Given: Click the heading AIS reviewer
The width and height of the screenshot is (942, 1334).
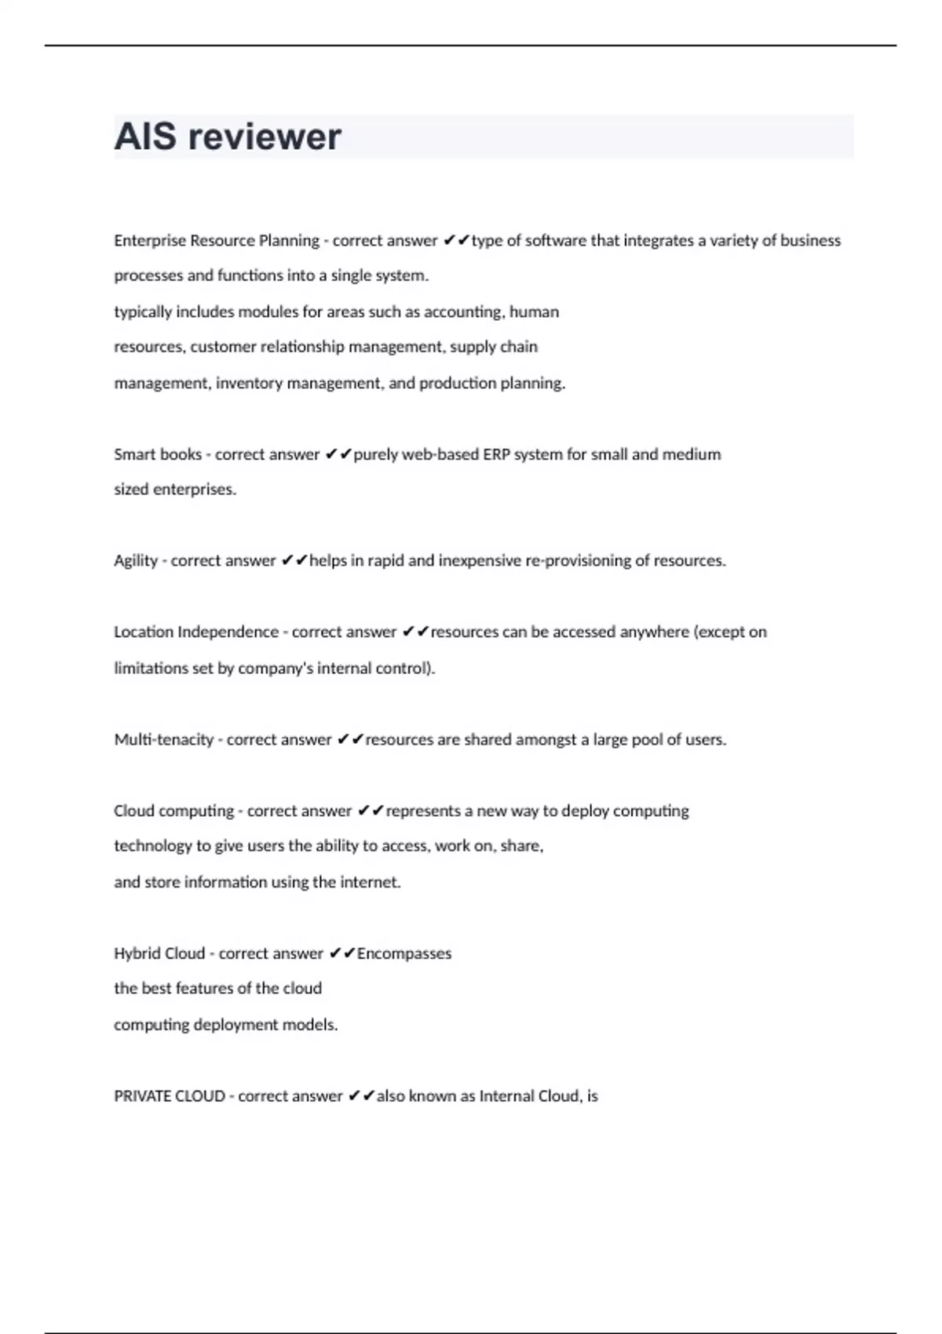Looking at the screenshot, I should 228,137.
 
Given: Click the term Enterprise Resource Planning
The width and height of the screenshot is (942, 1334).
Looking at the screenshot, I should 217,241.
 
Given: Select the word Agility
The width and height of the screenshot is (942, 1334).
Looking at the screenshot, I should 136,561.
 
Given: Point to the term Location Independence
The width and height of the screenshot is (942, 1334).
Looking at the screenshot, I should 196,632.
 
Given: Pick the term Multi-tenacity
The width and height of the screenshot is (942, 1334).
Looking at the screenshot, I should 163,740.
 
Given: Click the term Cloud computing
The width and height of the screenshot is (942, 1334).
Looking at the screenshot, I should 173,811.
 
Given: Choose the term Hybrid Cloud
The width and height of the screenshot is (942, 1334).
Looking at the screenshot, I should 159,953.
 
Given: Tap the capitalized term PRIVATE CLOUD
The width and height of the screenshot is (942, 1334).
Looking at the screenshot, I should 170,1096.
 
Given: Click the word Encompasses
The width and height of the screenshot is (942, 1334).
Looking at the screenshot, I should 404,953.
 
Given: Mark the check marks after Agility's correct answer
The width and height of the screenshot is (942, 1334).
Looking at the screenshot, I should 294,560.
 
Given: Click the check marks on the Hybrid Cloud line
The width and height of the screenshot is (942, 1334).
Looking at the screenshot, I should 342,953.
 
